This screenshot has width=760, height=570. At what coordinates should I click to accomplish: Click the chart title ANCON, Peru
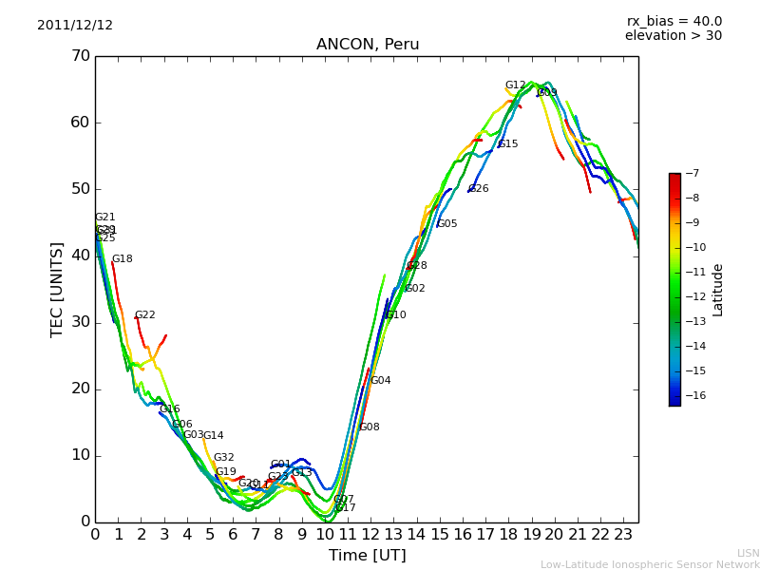click(x=367, y=45)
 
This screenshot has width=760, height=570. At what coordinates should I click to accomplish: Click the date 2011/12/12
click(x=75, y=26)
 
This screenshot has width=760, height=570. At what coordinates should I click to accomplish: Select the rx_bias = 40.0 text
click(x=674, y=22)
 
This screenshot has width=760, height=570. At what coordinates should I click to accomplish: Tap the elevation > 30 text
click(x=673, y=36)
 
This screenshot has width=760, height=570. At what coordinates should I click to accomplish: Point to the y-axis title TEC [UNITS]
click(x=57, y=289)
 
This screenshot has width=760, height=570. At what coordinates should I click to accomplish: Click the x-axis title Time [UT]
click(x=367, y=556)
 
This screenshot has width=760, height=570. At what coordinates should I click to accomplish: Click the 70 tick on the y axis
click(x=80, y=56)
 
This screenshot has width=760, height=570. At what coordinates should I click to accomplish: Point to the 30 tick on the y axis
click(x=80, y=322)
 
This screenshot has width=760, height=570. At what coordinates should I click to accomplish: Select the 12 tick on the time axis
click(x=370, y=534)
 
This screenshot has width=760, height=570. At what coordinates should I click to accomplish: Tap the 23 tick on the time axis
click(x=623, y=534)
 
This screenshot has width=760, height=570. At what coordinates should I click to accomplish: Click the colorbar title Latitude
click(x=718, y=290)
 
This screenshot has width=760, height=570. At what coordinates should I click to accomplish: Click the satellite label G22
click(x=144, y=315)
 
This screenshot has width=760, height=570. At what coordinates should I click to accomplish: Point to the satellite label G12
click(x=515, y=85)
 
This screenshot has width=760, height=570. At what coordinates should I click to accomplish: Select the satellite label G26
click(x=479, y=189)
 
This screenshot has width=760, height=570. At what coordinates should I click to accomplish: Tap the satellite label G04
click(x=380, y=381)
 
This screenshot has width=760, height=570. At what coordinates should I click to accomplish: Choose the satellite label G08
click(x=369, y=427)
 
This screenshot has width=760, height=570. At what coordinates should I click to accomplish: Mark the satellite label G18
click(x=122, y=259)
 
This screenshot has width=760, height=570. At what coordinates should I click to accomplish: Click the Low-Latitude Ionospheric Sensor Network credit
click(x=650, y=564)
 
